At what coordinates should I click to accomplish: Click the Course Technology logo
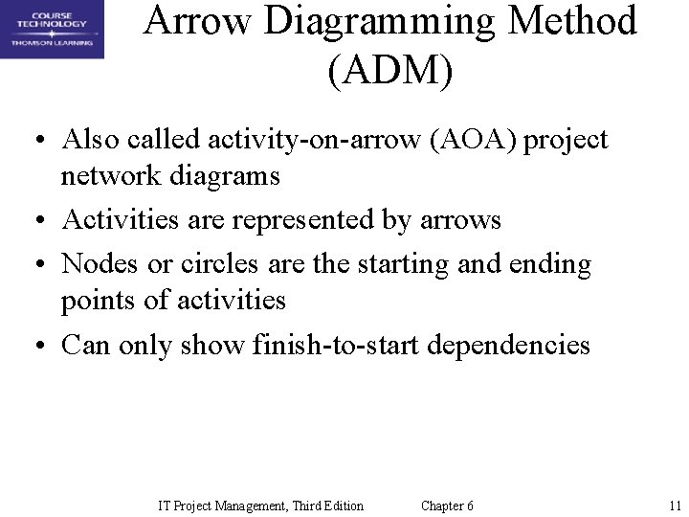coord(52,29)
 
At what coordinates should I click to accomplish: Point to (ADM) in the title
coord(389,71)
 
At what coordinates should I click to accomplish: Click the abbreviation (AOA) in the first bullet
coord(468,140)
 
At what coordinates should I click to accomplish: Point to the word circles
coord(208,262)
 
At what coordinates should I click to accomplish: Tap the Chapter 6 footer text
coord(447,506)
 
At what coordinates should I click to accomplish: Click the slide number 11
coord(674,506)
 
